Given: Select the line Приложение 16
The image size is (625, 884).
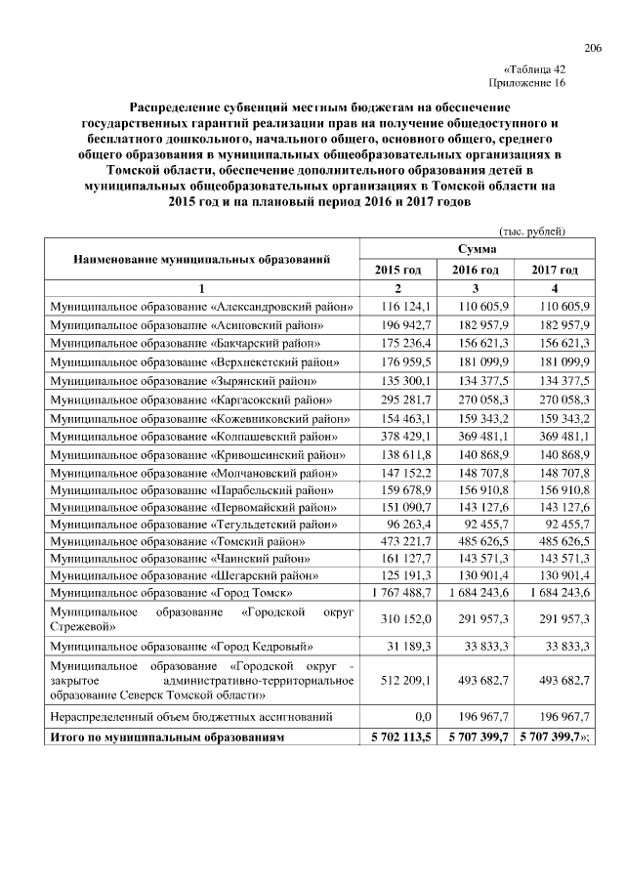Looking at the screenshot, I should (x=528, y=84).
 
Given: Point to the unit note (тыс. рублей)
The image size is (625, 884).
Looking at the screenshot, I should (x=532, y=231).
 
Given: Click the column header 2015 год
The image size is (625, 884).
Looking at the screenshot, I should (x=397, y=270).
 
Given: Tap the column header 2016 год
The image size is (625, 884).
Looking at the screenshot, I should (x=476, y=270).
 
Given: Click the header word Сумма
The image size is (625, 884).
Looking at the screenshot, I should (x=476, y=250).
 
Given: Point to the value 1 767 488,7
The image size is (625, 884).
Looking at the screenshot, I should (x=399, y=591).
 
